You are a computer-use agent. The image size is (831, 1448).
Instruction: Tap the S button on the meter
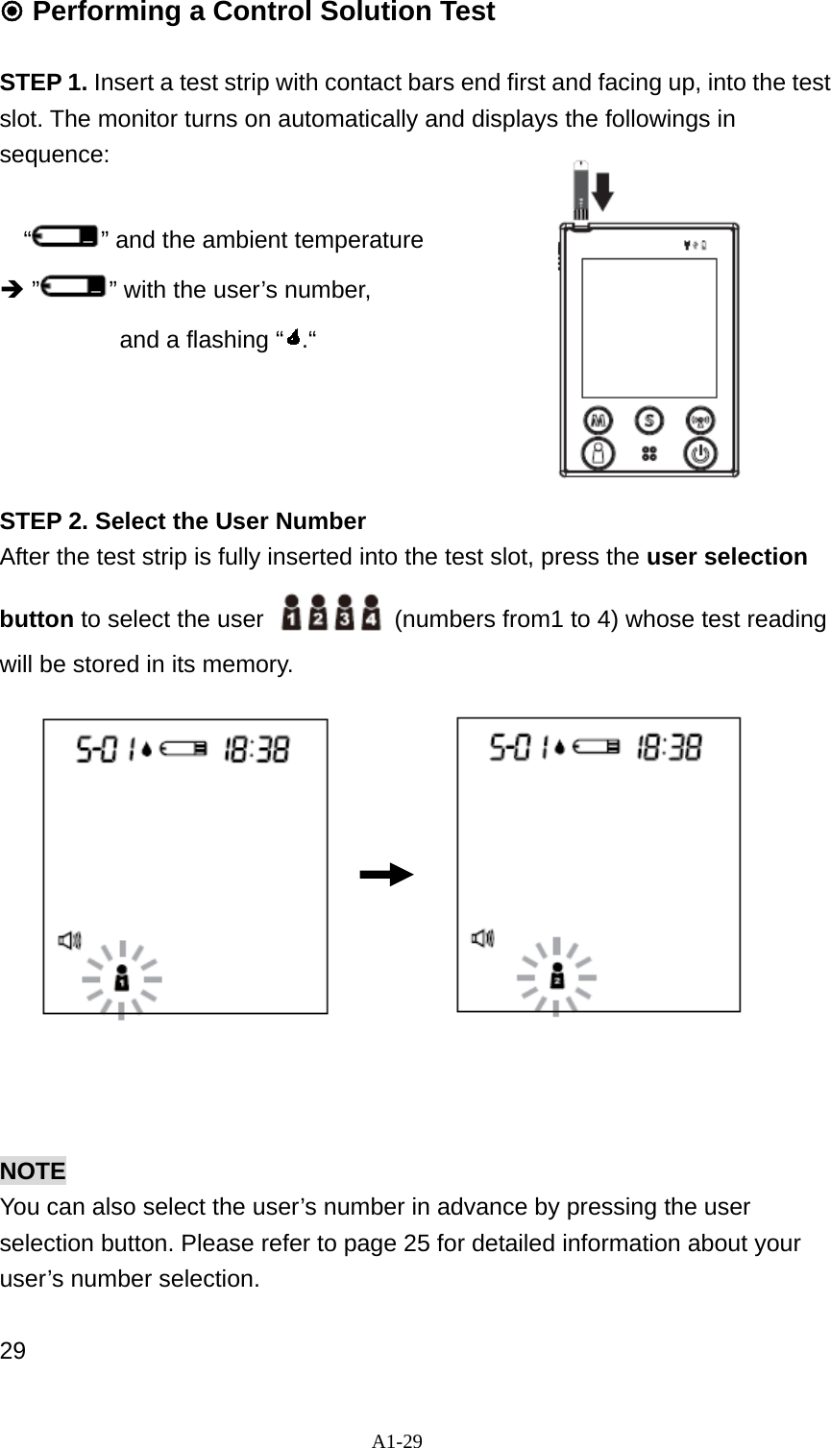650,421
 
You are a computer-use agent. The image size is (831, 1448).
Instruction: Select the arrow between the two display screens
386,875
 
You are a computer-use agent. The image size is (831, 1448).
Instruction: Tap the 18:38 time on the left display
257,749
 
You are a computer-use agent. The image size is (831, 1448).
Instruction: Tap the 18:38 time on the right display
670,747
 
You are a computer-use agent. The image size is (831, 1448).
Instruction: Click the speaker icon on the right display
482,938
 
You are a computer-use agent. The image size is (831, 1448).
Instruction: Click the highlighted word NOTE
33,1170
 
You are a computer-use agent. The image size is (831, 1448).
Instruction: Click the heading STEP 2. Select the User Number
183,521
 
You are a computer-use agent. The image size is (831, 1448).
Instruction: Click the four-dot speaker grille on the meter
649,453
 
